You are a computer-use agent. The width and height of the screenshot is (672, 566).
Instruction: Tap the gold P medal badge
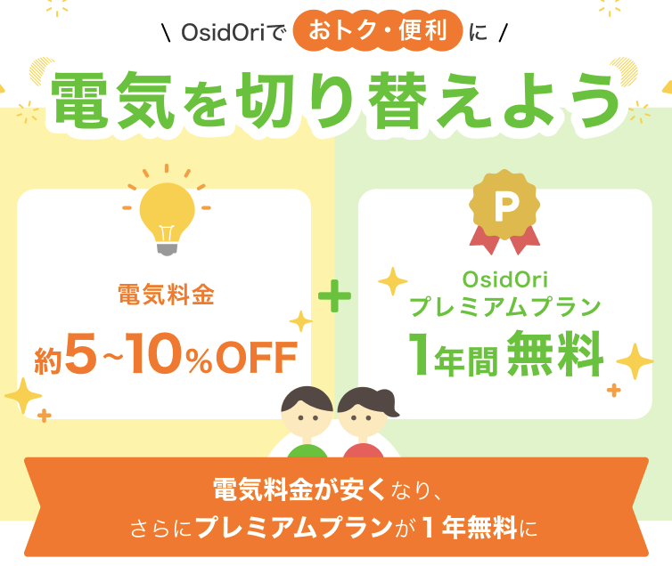504,206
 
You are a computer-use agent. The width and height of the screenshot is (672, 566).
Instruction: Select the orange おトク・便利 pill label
378,30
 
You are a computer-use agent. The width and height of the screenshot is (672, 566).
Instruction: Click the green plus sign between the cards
335,295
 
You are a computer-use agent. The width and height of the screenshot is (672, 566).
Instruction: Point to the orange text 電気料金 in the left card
167,295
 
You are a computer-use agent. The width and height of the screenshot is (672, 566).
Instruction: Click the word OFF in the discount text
257,357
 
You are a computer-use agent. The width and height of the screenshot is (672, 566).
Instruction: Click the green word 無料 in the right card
555,353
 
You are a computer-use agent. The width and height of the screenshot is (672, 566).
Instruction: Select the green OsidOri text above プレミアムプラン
504,279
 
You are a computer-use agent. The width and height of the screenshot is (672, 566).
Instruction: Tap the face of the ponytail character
362,417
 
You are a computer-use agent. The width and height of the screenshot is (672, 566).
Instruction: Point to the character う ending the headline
598,101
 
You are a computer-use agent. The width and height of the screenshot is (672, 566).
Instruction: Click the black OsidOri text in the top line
223,33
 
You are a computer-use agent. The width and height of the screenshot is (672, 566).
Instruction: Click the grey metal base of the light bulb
167,249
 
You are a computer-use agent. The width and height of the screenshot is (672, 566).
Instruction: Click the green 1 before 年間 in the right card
419,353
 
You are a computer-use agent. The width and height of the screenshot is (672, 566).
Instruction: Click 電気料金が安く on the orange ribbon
299,489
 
